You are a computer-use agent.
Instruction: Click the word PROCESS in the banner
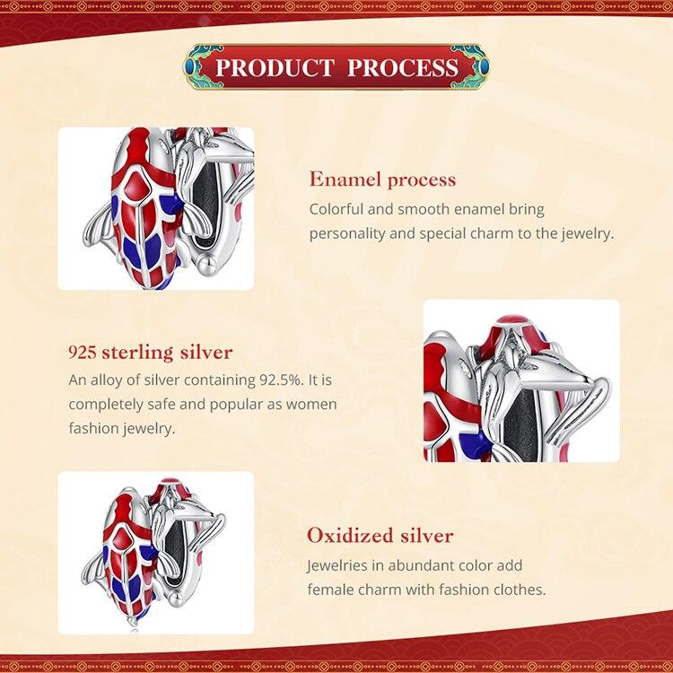(x=403, y=68)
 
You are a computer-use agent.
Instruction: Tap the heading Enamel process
(x=382, y=179)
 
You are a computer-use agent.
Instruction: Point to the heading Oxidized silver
(x=380, y=537)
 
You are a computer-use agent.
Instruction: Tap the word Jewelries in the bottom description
(x=338, y=567)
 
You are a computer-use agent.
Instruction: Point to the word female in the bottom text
(x=329, y=590)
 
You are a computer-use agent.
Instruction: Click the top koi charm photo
(x=156, y=208)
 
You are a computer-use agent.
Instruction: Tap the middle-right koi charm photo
(x=520, y=380)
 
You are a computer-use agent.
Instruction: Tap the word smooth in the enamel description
(x=426, y=209)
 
